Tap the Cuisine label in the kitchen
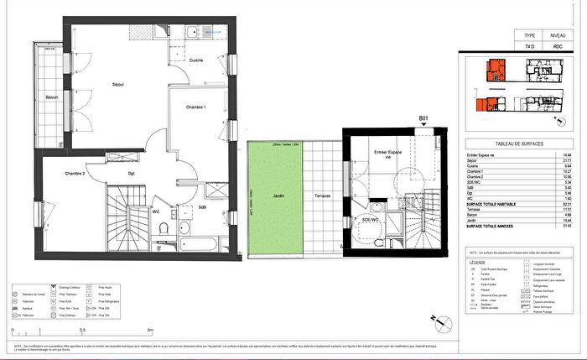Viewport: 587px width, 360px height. [195, 60]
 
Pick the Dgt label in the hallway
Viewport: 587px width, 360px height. [132, 174]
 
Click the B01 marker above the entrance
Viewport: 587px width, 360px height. [424, 119]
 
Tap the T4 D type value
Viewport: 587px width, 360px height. [528, 48]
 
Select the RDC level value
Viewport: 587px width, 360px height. [556, 48]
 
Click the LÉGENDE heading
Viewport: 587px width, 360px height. [481, 260]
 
